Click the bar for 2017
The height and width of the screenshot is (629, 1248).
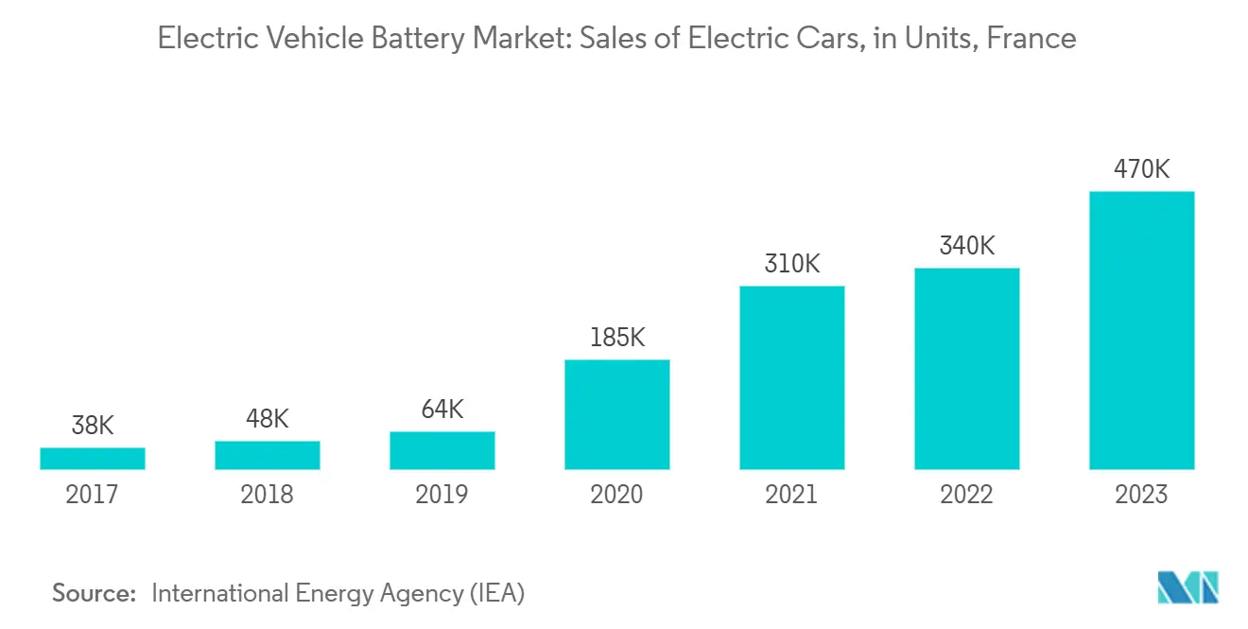[93, 459]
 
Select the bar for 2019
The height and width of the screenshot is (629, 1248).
[442, 451]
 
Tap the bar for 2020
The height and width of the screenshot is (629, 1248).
[616, 414]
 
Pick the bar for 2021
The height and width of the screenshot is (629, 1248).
[791, 377]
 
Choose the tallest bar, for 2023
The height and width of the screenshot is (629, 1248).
[1141, 330]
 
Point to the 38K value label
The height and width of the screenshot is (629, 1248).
[93, 427]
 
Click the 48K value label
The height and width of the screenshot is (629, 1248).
[267, 419]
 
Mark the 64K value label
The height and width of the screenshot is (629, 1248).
[442, 411]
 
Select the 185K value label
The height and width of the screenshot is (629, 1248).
[616, 338]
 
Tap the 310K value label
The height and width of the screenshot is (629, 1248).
[791, 264]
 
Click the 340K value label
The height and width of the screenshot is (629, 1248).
[966, 246]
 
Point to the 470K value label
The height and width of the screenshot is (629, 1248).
[1141, 170]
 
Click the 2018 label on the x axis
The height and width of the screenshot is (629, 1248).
[267, 494]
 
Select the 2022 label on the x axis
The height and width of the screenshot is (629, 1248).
[966, 494]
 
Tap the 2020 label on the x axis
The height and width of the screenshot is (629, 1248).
[616, 494]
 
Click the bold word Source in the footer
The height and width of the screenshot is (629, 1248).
[94, 593]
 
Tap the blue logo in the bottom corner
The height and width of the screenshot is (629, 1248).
[1188, 587]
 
